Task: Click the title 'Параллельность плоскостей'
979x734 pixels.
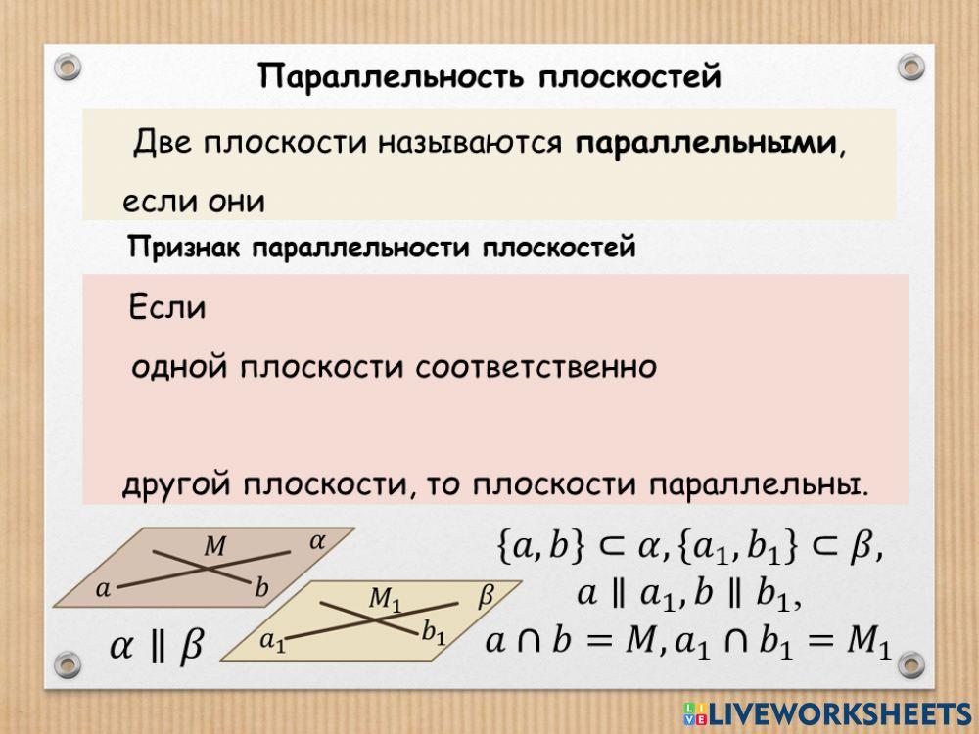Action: pos(489,76)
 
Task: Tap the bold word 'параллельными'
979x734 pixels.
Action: pos(707,144)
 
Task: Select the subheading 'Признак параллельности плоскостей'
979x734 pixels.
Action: pos(382,248)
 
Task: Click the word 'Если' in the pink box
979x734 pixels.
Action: pos(167,308)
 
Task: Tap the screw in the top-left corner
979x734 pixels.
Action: pos(67,67)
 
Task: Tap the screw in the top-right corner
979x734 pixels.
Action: pos(911,67)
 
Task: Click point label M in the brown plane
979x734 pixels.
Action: pos(213,546)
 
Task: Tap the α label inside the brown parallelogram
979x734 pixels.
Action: pos(317,539)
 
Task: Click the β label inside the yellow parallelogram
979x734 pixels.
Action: pos(486,596)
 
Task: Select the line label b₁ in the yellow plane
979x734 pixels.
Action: pos(433,633)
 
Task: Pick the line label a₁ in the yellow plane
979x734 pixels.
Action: pos(272,642)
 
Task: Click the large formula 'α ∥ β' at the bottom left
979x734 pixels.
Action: pos(156,646)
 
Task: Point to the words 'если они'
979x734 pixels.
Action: pos(194,202)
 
